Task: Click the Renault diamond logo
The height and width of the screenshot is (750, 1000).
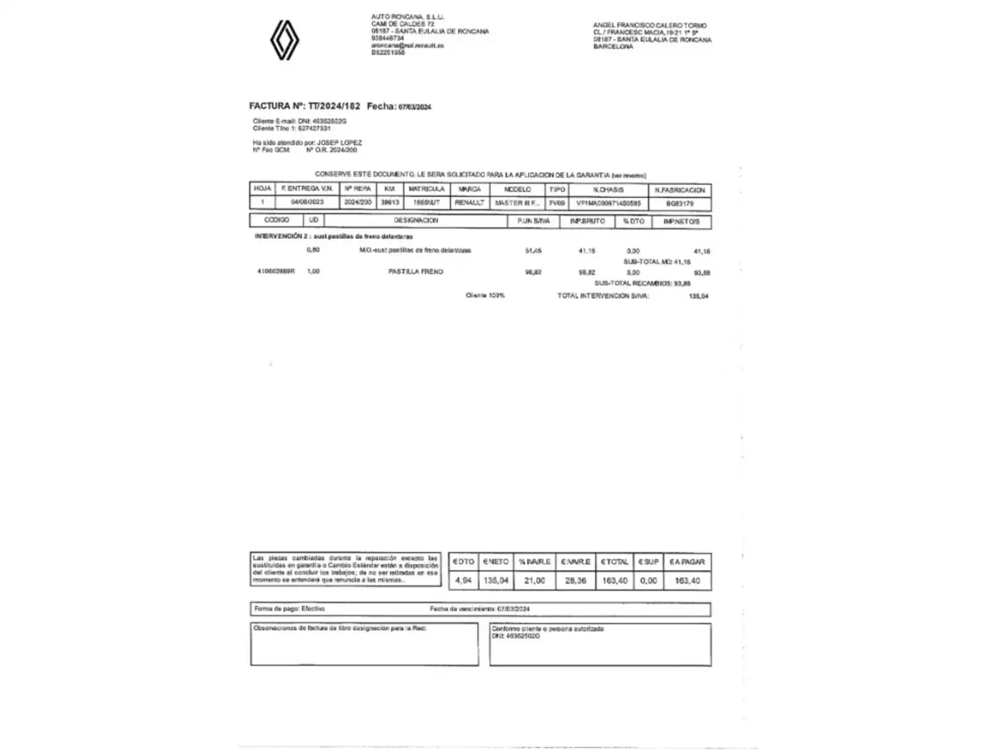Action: pyautogui.click(x=284, y=40)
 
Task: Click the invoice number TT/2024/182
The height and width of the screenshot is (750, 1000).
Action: pyautogui.click(x=334, y=106)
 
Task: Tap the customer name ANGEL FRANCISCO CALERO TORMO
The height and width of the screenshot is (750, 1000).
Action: pyautogui.click(x=649, y=26)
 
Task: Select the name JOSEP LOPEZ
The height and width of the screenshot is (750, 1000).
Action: pyautogui.click(x=339, y=143)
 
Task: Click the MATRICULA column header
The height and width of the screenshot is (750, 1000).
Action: pyautogui.click(x=426, y=189)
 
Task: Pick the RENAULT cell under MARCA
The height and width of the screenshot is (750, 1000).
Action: pyautogui.click(x=469, y=203)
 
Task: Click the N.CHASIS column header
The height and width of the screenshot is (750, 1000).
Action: pyautogui.click(x=608, y=190)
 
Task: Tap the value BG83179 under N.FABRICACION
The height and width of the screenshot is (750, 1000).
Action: pyautogui.click(x=680, y=204)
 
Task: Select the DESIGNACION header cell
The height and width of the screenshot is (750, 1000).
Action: pyautogui.click(x=416, y=221)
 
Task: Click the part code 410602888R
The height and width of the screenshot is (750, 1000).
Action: pyautogui.click(x=276, y=272)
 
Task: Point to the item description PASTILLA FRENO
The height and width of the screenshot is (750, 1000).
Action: pyautogui.click(x=415, y=272)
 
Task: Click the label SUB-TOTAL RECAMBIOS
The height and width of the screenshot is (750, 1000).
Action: pyautogui.click(x=632, y=283)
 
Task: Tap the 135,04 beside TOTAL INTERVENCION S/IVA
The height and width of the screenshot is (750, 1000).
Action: pyautogui.click(x=699, y=297)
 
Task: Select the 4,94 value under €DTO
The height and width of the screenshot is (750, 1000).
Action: pyautogui.click(x=463, y=581)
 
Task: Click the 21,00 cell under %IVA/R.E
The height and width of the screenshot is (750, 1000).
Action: pyautogui.click(x=534, y=581)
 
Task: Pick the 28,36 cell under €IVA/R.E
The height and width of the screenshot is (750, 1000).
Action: pyautogui.click(x=576, y=581)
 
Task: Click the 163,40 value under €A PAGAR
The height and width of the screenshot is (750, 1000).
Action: pyautogui.click(x=687, y=581)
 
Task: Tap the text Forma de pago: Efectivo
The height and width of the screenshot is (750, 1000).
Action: pyautogui.click(x=290, y=609)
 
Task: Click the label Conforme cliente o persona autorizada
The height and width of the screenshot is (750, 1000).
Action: pyautogui.click(x=547, y=629)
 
